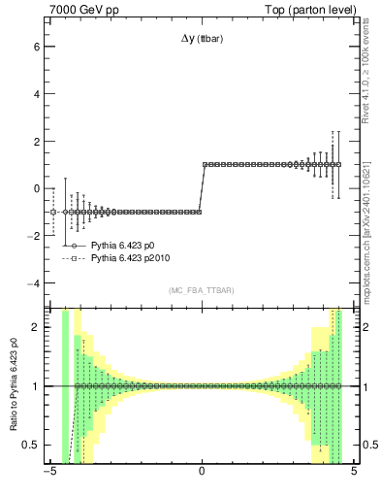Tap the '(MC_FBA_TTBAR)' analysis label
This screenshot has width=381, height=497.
(201, 291)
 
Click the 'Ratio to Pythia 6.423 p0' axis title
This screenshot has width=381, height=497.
(13, 385)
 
